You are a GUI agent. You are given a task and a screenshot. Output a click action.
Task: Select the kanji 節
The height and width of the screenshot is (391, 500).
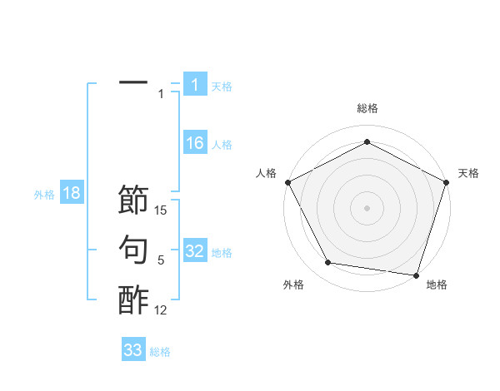(133, 200)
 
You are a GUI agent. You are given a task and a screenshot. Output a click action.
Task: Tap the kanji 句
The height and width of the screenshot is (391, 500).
(133, 250)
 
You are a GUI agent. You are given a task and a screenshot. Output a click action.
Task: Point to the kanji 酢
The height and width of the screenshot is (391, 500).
(133, 299)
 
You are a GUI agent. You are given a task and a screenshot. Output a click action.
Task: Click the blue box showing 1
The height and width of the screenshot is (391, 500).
(194, 84)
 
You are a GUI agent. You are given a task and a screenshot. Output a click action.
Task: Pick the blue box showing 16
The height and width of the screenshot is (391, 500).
(194, 143)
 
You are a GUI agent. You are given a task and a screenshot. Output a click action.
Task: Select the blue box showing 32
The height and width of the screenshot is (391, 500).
(194, 251)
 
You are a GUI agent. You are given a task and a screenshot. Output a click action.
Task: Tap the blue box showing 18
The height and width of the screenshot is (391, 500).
(72, 194)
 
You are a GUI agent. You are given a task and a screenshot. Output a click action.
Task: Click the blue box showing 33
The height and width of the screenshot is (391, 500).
(133, 350)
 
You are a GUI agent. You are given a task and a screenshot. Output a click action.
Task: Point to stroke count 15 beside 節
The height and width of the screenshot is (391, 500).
(162, 211)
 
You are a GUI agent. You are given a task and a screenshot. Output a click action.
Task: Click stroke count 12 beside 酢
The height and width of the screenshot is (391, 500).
(162, 310)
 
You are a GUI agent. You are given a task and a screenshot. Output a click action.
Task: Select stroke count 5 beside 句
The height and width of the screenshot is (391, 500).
(161, 260)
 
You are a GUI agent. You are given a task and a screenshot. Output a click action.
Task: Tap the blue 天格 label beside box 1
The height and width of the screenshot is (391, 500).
(222, 86)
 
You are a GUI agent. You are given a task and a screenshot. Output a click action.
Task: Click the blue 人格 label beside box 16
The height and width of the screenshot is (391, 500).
(222, 145)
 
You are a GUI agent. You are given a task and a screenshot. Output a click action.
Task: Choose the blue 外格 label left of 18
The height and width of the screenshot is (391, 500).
(44, 195)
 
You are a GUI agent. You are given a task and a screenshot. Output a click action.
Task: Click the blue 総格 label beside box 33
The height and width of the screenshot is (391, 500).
(160, 352)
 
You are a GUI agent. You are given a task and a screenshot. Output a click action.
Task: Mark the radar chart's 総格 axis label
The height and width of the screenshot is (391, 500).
(367, 108)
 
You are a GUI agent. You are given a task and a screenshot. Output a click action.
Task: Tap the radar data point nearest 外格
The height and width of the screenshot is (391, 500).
(328, 263)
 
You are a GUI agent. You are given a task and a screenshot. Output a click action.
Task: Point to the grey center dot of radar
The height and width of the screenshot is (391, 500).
(367, 207)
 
